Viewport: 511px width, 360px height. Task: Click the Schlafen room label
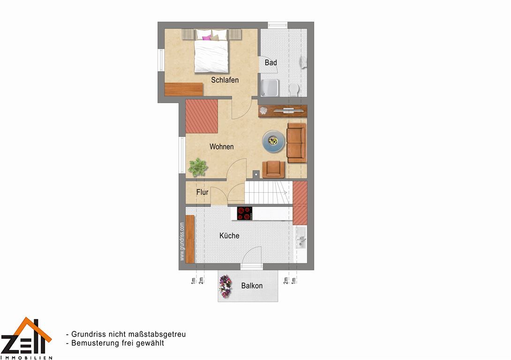pyautogui.click(x=225, y=80)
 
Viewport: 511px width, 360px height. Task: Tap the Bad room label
pyautogui.click(x=271, y=62)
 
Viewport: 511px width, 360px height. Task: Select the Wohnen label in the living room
pyautogui.click(x=222, y=147)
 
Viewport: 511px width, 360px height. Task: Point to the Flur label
pyautogui.click(x=202, y=192)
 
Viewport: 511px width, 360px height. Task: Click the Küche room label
pyautogui.click(x=229, y=236)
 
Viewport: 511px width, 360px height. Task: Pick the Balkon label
pyautogui.click(x=252, y=286)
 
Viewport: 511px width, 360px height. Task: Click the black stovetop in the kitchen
pyautogui.click(x=244, y=213)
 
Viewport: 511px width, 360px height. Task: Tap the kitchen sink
pyautogui.click(x=300, y=238)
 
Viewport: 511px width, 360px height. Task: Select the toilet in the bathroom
pyautogui.click(x=294, y=89)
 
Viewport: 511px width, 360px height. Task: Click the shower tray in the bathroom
pyautogui.click(x=270, y=88)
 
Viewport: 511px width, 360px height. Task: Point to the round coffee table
pyautogui.click(x=273, y=141)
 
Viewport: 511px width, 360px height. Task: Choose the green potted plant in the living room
pyautogui.click(x=198, y=167)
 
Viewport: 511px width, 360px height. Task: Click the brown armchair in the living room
pyautogui.click(x=273, y=169)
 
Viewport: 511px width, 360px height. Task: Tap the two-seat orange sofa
pyautogui.click(x=297, y=142)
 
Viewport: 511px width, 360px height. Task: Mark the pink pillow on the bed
pyautogui.click(x=207, y=38)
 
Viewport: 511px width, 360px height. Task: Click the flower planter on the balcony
pyautogui.click(x=225, y=286)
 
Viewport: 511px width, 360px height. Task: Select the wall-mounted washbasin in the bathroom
pyautogui.click(x=303, y=62)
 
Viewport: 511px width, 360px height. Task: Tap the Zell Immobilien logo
pyautogui.click(x=26, y=338)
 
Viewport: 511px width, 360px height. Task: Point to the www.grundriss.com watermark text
pyautogui.click(x=182, y=241)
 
